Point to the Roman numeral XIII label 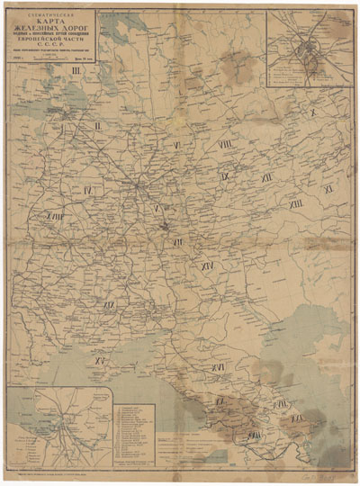pyautogui.click(x=296, y=206)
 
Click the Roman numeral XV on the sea pyautogui.click(x=102, y=361)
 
